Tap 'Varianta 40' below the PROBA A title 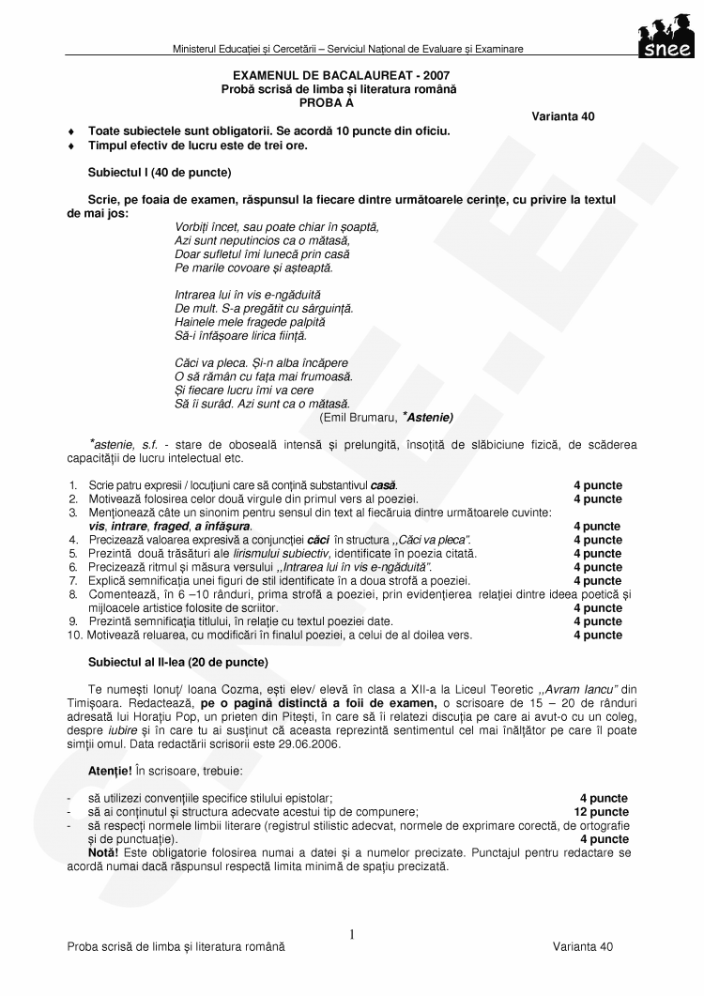(x=562, y=116)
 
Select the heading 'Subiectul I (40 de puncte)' (x=159, y=173)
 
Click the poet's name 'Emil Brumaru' (x=357, y=415)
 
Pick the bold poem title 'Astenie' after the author (x=431, y=415)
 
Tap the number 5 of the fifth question (x=73, y=554)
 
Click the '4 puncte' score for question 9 (x=597, y=621)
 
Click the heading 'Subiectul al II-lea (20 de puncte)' (x=177, y=662)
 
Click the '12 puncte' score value (x=601, y=811)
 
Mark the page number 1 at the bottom (x=352, y=934)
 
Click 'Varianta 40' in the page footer (x=582, y=947)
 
